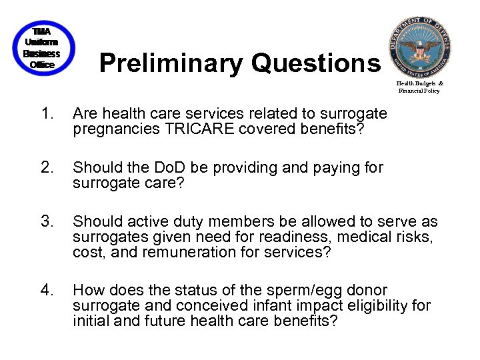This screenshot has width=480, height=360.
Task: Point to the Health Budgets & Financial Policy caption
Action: (420, 87)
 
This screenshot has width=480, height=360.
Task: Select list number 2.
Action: (47, 167)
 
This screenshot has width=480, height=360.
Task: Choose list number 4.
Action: (47, 290)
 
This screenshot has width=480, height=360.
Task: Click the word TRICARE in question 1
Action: (207, 129)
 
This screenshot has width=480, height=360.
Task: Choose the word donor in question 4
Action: (367, 290)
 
